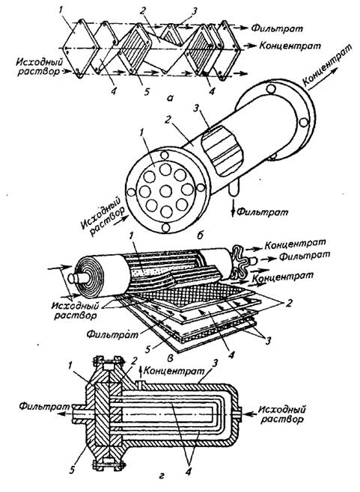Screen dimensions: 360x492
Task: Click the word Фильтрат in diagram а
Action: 278,28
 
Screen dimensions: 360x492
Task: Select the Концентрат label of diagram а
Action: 290,46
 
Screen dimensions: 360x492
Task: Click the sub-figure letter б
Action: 201,235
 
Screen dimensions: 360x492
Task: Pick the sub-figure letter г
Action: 162,485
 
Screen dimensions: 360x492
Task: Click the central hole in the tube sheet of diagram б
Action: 165,191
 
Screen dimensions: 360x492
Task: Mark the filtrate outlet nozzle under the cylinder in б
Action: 234,191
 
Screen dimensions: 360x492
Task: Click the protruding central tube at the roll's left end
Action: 76,277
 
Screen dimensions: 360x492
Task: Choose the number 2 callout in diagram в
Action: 287,304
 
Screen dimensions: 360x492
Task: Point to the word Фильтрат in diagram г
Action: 44,406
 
